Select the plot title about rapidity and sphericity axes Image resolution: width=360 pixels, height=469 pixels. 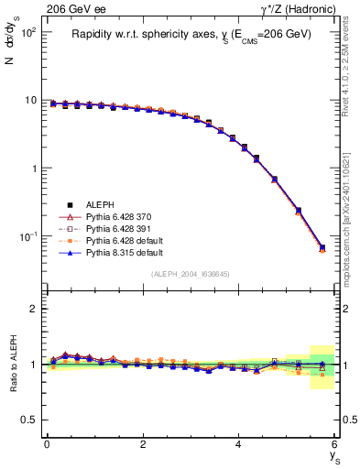pos(191,34)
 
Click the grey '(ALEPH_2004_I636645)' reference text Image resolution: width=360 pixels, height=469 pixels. pos(191,274)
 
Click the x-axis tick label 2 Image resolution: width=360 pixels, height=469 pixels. pos(143,443)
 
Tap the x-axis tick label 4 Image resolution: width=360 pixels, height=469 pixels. pos(239,443)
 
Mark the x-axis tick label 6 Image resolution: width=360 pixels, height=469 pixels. pos(335,443)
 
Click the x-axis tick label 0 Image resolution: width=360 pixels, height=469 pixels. pos(47,443)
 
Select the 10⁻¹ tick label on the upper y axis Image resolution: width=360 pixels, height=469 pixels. pos(27,237)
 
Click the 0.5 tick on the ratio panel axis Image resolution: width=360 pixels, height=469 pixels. pos(29,420)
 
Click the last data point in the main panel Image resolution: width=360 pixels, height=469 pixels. pos(322,247)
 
